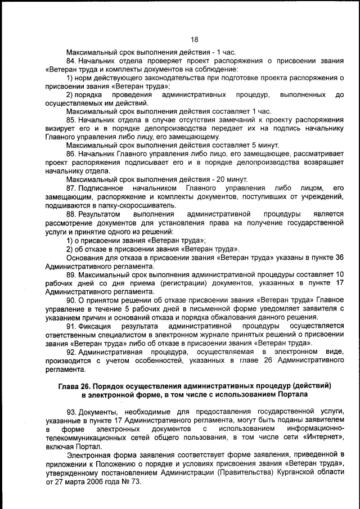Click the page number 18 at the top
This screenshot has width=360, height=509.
(195, 39)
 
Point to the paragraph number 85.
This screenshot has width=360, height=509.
(71, 120)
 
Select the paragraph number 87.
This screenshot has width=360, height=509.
(71, 187)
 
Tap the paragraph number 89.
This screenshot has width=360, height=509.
(71, 274)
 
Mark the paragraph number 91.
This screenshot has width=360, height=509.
(71, 326)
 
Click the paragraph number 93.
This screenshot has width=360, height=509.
(71, 412)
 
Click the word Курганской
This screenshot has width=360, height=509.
(290, 473)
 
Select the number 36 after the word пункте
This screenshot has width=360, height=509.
(339, 256)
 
